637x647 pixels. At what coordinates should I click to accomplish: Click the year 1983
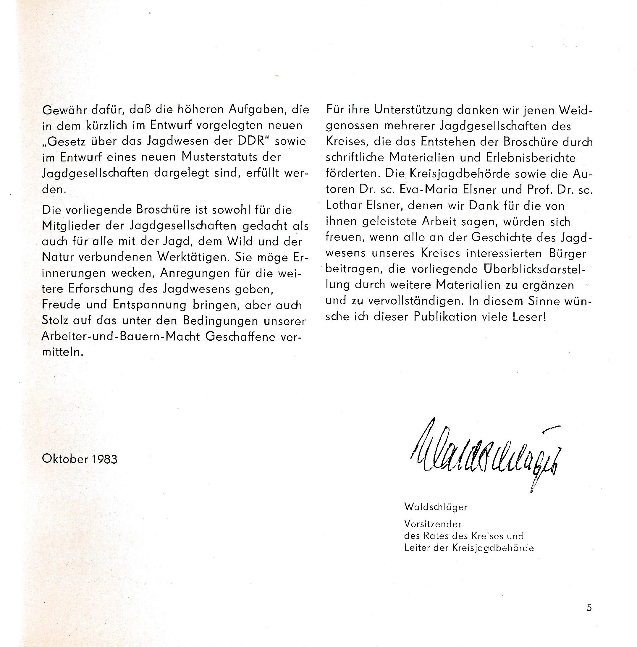(104, 459)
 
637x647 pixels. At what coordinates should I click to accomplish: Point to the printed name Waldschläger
(435, 507)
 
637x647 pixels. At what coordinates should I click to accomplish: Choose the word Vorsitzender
(433, 524)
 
